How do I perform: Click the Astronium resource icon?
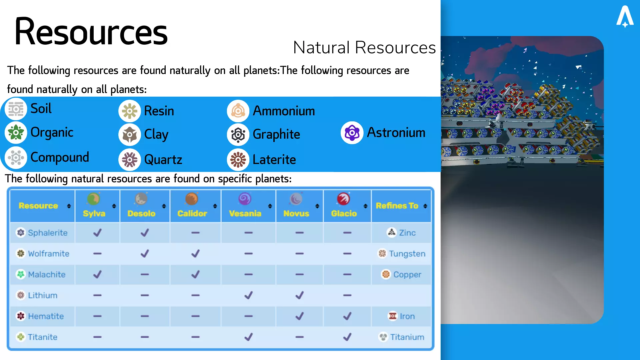click(352, 133)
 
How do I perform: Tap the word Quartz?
click(163, 160)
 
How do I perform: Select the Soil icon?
click(16, 109)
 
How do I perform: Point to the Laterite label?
click(274, 160)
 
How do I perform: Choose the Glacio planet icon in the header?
click(343, 199)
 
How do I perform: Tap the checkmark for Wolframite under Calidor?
click(195, 254)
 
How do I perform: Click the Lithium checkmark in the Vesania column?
click(248, 295)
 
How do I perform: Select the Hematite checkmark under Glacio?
click(347, 316)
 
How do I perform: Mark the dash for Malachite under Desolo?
click(145, 275)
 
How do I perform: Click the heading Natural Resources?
click(364, 47)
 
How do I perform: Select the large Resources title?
click(91, 32)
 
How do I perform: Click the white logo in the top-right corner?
click(625, 16)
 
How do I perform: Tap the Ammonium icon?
click(238, 111)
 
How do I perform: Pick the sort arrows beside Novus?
click(317, 206)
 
